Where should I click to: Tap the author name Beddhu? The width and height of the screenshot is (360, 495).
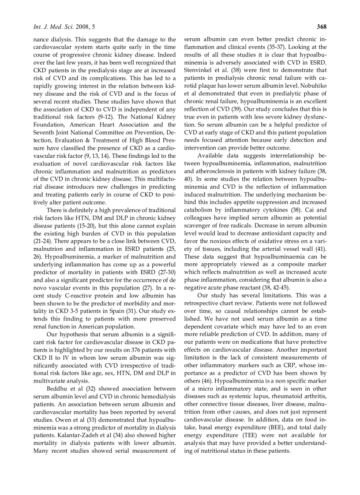[58, 388]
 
